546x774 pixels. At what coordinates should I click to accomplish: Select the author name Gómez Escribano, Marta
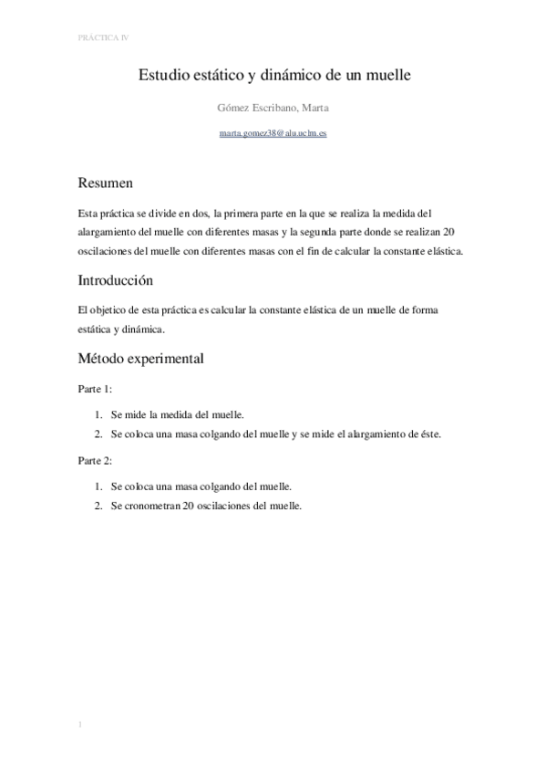(273, 108)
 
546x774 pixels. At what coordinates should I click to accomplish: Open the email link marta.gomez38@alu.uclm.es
(273, 133)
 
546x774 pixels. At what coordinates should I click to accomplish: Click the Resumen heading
(106, 183)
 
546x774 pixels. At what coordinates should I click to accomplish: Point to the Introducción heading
(116, 279)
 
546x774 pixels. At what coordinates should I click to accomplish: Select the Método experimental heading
(141, 359)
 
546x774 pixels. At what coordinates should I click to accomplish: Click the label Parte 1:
(95, 389)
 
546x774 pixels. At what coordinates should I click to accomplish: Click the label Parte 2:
(95, 461)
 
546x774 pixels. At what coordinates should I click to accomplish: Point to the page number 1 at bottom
(80, 726)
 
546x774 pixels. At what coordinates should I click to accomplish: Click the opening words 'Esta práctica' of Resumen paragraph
(110, 213)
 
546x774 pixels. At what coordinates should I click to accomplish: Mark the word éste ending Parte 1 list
(428, 434)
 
